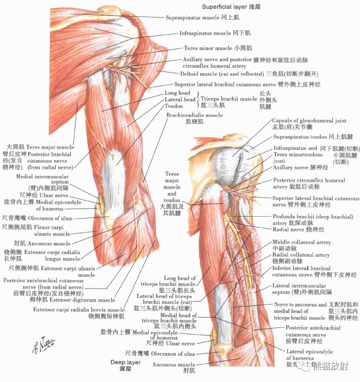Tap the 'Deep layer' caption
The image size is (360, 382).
(125, 363)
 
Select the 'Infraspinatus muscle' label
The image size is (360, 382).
(205, 33)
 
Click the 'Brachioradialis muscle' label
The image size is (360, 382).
(195, 115)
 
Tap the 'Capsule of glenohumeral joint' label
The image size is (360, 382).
(309, 121)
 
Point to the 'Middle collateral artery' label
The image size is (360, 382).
(302, 242)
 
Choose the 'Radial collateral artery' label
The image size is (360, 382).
(301, 255)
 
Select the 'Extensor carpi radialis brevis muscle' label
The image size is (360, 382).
(79, 310)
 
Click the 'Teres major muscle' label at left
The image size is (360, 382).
(50, 147)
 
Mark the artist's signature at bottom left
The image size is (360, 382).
(43, 343)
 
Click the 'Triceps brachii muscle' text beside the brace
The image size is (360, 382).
(229, 99)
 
